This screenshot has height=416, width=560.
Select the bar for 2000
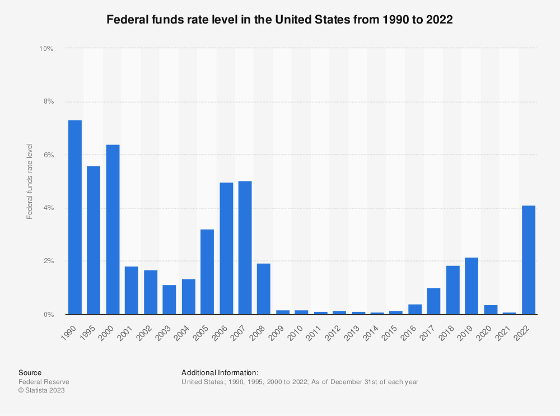pyautogui.click(x=113, y=230)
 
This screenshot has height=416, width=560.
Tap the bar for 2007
pyautogui.click(x=245, y=247)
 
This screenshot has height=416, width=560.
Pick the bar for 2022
pyautogui.click(x=529, y=260)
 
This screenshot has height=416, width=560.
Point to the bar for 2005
pyautogui.click(x=207, y=272)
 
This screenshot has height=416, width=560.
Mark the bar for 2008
pyautogui.click(x=264, y=289)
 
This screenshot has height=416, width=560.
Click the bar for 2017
pyautogui.click(x=434, y=301)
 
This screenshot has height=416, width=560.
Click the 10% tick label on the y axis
pyautogui.click(x=46, y=49)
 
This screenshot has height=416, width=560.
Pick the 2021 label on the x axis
pyautogui.click(x=510, y=326)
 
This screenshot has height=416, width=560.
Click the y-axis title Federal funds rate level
pyautogui.click(x=30, y=181)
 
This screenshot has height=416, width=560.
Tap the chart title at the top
pyautogui.click(x=279, y=20)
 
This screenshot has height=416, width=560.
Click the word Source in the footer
pyautogui.click(x=30, y=372)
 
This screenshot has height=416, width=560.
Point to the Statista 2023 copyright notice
pyautogui.click(x=41, y=391)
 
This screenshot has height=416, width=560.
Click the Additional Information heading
pyautogui.click(x=220, y=372)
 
